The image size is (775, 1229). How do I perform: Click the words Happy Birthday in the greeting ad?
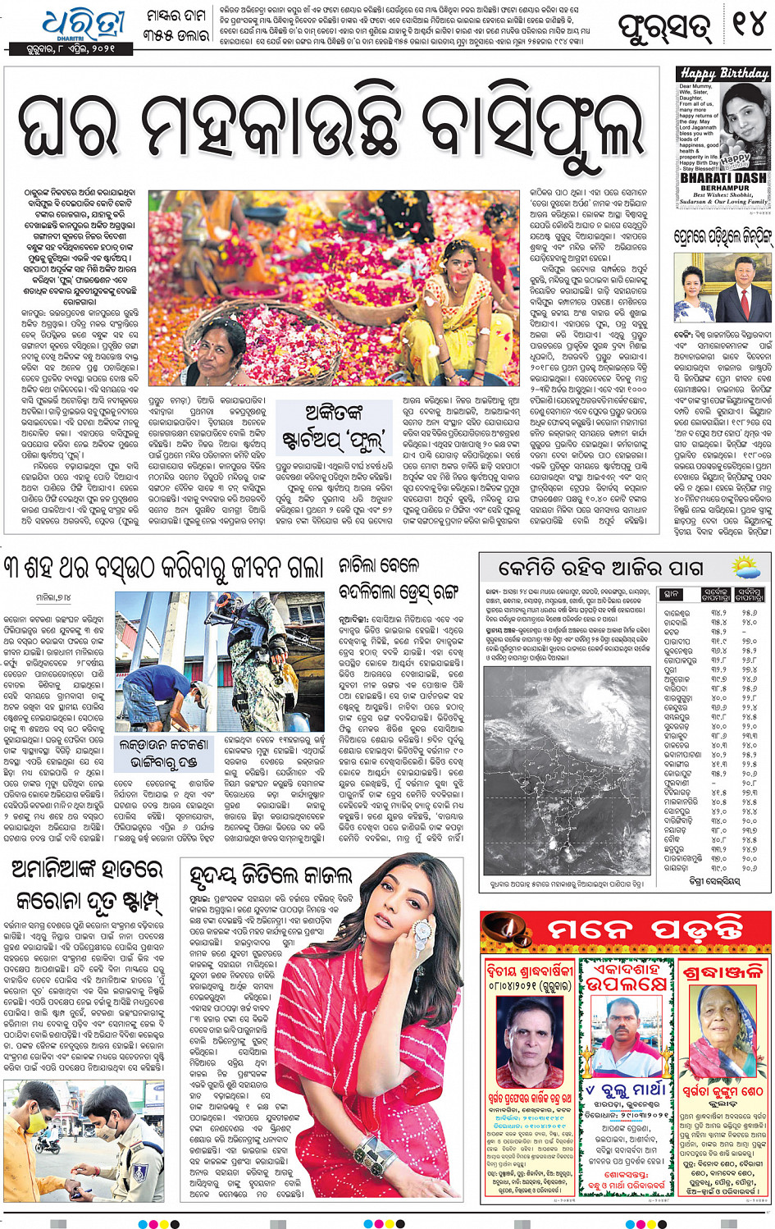pyautogui.click(x=723, y=74)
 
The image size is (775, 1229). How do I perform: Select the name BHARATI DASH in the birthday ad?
pyautogui.click(x=723, y=177)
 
